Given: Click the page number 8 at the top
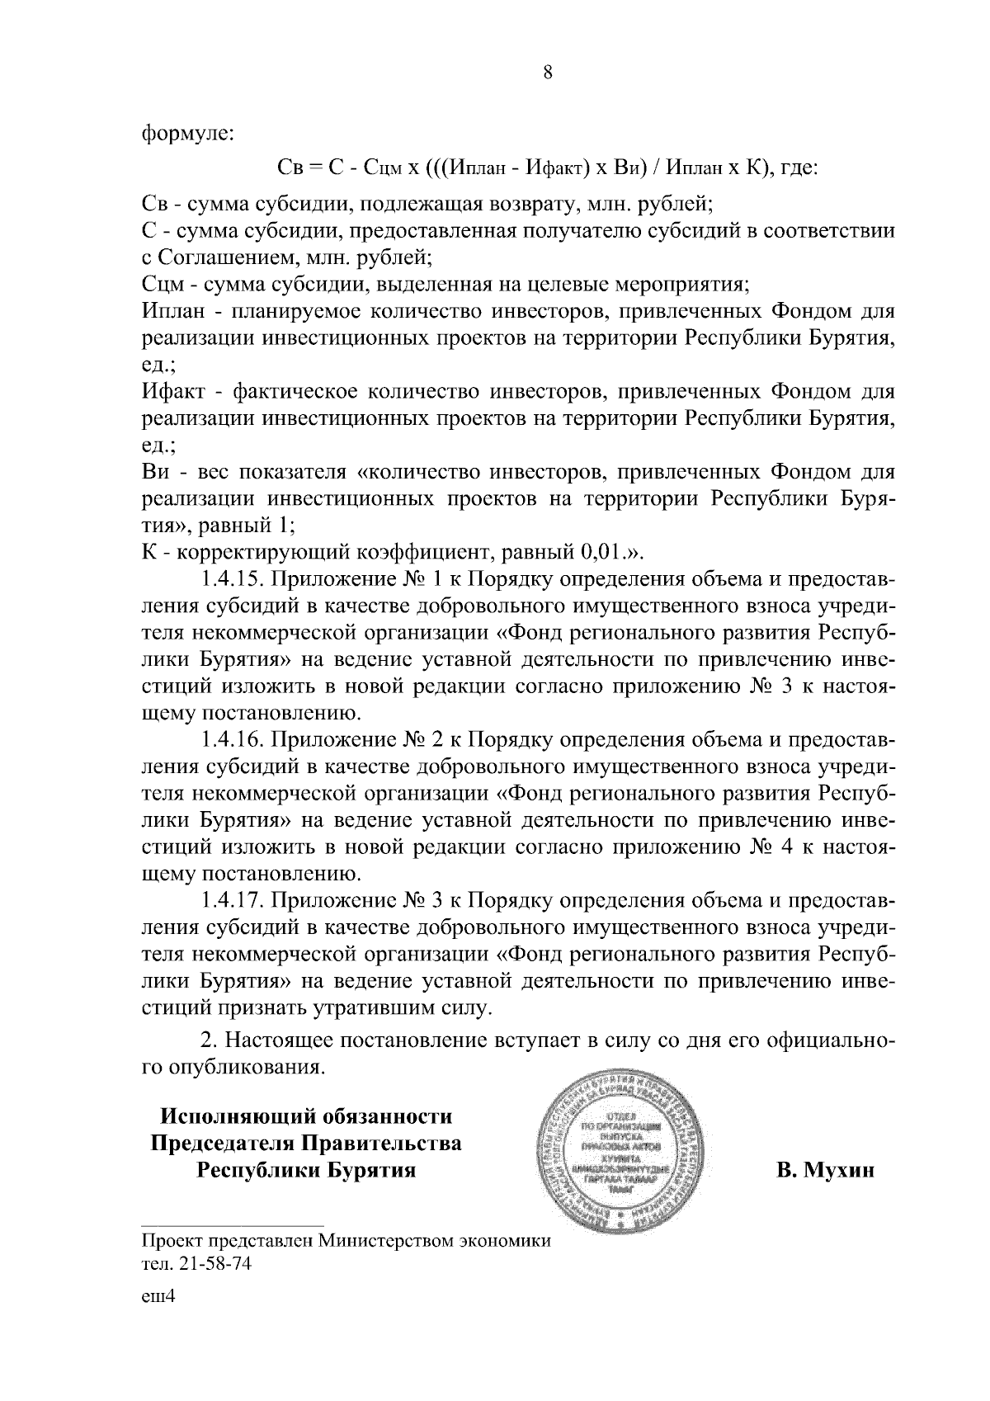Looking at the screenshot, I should (x=548, y=73).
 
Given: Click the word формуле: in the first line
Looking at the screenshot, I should (x=188, y=133).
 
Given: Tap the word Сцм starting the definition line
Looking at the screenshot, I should (x=162, y=285).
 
